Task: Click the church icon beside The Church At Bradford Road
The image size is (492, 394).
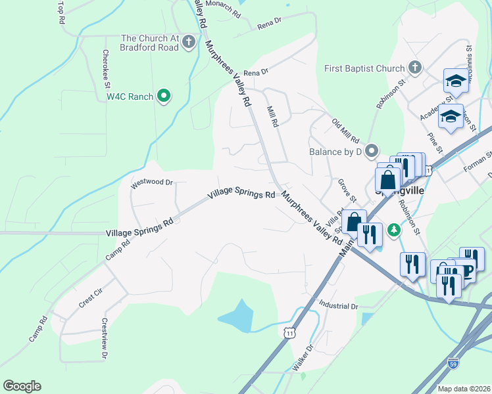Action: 189,43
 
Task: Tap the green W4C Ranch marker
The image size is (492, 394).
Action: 164,97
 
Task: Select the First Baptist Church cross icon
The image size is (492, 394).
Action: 415,68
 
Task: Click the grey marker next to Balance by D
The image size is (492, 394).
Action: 373,152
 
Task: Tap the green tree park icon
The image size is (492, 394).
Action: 394,229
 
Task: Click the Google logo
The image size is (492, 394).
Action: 22,386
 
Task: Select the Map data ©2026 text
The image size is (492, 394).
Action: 464,389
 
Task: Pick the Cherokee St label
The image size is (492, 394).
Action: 105,66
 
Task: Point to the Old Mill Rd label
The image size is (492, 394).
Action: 345,131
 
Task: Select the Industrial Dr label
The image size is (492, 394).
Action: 337,305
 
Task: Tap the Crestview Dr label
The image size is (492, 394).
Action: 104,339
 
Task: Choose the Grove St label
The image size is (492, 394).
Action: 347,190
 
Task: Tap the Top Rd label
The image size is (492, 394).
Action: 61,12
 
